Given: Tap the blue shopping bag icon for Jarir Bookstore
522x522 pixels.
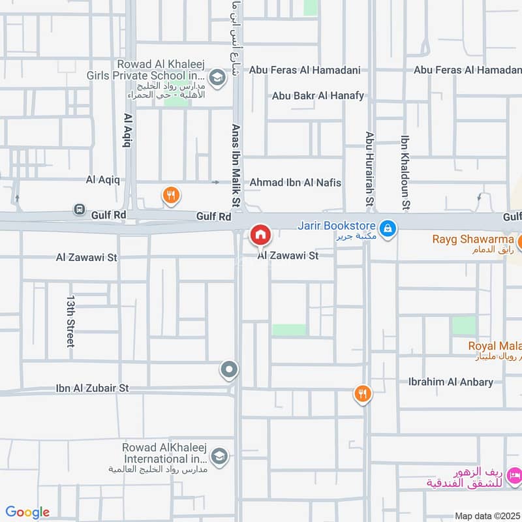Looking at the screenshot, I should click(388, 228).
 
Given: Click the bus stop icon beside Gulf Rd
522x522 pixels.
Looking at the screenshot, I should click(79, 209).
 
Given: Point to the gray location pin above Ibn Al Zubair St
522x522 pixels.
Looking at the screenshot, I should click(229, 371).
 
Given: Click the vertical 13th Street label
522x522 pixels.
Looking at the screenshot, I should click(70, 320).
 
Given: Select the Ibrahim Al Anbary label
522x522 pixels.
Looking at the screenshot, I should click(450, 382).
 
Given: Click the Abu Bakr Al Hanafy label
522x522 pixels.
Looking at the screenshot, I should click(318, 96).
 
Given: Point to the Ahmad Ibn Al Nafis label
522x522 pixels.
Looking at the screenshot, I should click(295, 183).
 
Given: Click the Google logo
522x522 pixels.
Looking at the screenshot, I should click(27, 512).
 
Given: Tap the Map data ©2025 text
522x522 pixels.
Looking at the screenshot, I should click(487, 515).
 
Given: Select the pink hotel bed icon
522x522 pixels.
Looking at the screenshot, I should click(514, 474).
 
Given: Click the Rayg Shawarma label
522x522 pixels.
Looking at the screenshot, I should click(473, 239).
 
